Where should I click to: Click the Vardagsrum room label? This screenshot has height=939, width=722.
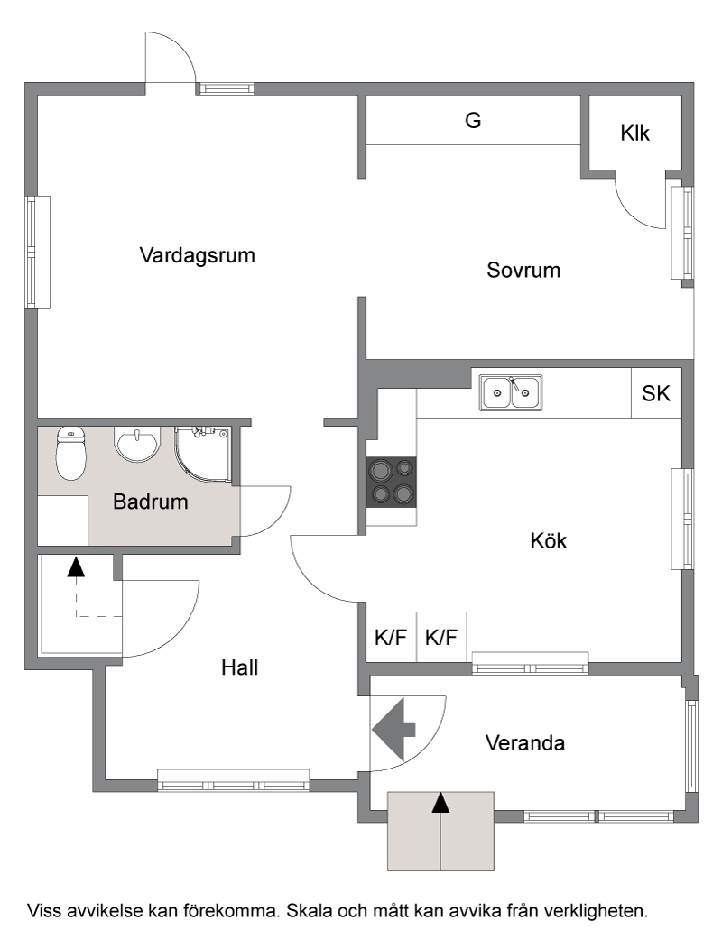coord(197,255)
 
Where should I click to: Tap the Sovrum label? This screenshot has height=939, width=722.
coord(523,270)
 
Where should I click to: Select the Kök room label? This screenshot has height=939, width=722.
coord(548,541)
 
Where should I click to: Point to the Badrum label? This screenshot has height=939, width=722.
coord(151,502)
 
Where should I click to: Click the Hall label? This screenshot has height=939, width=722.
coord(240,667)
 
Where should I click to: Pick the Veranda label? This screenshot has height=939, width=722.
coord(525,743)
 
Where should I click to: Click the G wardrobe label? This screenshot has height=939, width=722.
coord(473,120)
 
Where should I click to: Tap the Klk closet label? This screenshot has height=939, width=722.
coord(635,133)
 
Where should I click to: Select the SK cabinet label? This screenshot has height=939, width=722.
coord(656,393)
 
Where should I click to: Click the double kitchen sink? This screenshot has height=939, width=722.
coord(511,393)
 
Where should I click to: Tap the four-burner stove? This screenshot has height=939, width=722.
coord(392,482)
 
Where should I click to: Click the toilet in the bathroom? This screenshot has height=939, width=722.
coord(70,454)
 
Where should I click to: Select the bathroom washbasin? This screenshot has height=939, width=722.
coord(137,445)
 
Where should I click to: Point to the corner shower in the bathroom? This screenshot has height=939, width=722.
coord(202,454)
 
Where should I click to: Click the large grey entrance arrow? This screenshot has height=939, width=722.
coord(393,730)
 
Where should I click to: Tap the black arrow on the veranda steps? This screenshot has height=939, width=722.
coord(441,803)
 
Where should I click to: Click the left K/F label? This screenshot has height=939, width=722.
coord(391,637)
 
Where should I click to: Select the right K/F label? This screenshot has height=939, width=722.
coord(441,637)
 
